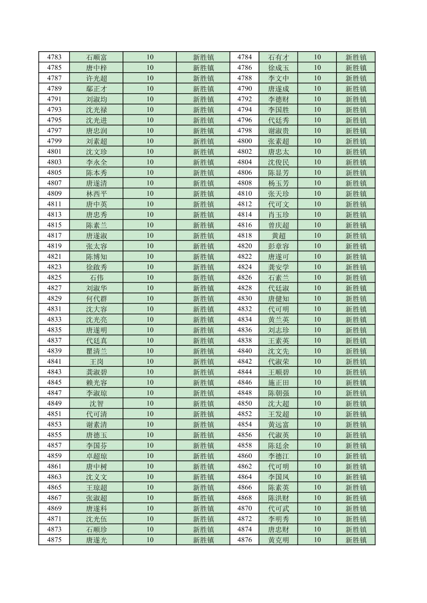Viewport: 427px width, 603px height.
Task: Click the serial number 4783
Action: tap(54, 57)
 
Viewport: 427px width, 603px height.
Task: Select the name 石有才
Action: tap(278, 57)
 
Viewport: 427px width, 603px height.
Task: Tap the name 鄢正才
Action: tap(97, 89)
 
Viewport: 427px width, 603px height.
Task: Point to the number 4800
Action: tap(245, 141)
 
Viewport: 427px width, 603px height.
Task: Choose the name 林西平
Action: tap(97, 194)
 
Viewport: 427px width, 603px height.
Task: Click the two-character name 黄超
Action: tap(278, 236)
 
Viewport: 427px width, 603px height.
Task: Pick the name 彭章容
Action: tap(278, 246)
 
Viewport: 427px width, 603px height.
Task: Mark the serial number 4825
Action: tap(54, 277)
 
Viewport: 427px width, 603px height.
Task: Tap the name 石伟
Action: tap(97, 277)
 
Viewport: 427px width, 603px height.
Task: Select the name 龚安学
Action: tap(278, 267)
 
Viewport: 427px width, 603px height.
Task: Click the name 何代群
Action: tap(97, 299)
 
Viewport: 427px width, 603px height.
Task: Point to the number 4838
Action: tap(245, 341)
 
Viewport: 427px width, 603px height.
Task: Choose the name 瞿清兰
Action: tap(97, 351)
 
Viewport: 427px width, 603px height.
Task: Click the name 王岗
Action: tap(97, 362)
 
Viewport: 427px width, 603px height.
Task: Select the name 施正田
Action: tap(278, 383)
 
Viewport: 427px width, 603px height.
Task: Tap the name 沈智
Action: tap(97, 403)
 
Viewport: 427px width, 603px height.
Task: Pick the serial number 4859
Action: tap(54, 456)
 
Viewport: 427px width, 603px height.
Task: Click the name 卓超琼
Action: tap(97, 456)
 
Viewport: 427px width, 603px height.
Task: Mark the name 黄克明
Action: tap(278, 540)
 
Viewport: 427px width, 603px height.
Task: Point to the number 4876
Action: tap(245, 540)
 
